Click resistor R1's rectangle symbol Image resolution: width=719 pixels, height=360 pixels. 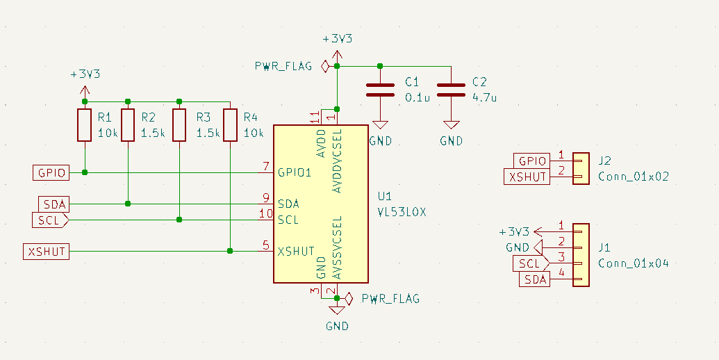point(84,124)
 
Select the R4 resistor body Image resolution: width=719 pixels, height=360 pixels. point(230,124)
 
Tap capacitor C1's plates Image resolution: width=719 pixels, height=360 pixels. point(380,90)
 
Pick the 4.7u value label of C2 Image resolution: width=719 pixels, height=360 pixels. point(485,98)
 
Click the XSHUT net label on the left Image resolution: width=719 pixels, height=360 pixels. point(47,252)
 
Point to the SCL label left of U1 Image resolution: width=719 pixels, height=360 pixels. point(50,220)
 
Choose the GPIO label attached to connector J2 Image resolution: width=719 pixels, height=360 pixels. point(531,161)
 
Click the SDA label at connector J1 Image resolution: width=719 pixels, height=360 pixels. point(535,279)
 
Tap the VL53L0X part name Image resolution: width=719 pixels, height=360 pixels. point(402,212)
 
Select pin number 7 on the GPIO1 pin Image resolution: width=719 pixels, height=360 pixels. point(265,166)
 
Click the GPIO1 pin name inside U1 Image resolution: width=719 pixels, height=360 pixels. point(295,173)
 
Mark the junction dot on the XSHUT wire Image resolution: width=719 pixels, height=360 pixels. point(230,251)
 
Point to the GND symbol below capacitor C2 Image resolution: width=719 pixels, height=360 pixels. point(452,124)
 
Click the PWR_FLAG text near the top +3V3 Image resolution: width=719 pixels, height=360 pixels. point(283,66)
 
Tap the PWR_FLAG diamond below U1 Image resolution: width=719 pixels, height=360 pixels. point(349,299)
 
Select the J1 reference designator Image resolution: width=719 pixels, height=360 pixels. point(604,247)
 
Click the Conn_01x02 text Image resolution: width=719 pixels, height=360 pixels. point(634,177)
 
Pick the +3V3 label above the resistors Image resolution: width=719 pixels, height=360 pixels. point(85,74)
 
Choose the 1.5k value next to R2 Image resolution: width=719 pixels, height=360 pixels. point(153,133)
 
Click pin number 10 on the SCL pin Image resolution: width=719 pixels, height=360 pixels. point(266,213)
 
